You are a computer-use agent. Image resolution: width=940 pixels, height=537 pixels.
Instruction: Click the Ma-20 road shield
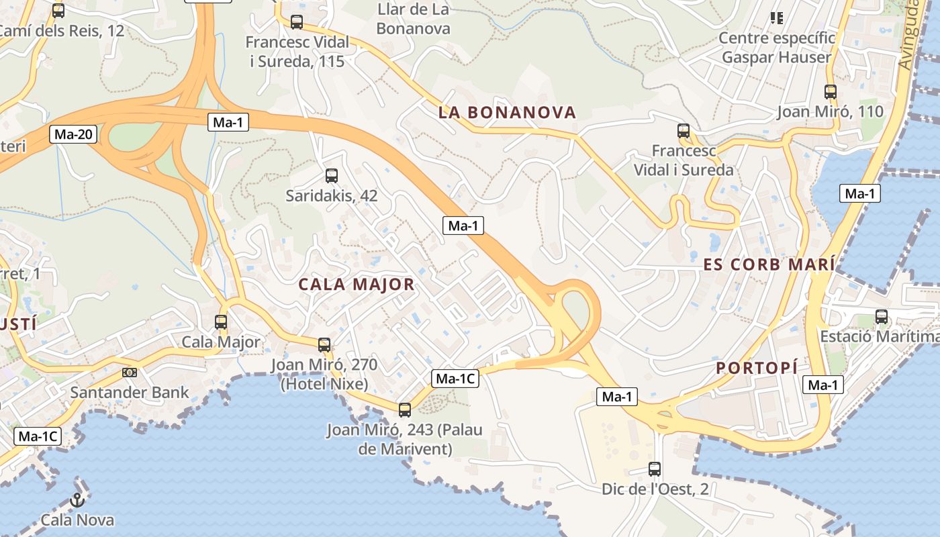[73, 134]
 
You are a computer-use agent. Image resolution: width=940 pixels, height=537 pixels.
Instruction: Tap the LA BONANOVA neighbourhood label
[508, 112]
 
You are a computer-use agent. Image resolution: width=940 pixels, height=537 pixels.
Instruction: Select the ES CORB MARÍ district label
[769, 264]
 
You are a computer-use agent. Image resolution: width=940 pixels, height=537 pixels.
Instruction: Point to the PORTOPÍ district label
[757, 367]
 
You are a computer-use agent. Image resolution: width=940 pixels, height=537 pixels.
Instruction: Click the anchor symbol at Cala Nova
[77, 500]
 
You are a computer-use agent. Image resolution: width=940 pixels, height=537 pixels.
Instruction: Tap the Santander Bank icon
[130, 373]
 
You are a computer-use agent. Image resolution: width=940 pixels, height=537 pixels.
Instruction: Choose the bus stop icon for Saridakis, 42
[331, 176]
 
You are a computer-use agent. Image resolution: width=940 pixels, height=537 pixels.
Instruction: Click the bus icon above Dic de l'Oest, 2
[655, 469]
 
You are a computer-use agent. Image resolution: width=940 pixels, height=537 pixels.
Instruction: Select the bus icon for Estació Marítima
[882, 317]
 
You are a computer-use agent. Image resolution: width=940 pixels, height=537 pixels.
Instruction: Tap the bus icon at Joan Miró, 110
[831, 92]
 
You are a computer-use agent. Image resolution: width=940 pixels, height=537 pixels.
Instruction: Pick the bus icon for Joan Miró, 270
[324, 345]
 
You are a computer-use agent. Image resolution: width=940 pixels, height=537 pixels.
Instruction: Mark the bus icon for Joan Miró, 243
[404, 409]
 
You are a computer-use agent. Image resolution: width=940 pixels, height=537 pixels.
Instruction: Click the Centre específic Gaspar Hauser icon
[777, 18]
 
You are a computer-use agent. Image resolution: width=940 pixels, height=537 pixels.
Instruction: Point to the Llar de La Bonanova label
[413, 19]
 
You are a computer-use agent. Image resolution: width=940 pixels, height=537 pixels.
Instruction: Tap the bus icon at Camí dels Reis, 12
[58, 11]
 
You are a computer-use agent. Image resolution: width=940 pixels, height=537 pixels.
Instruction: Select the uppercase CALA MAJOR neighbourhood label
[357, 284]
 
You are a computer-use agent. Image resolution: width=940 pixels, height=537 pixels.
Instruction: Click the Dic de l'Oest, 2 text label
[655, 489]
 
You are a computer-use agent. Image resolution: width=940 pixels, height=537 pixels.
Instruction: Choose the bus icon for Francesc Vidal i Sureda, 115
[297, 22]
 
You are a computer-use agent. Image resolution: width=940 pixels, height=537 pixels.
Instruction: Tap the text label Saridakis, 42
[331, 196]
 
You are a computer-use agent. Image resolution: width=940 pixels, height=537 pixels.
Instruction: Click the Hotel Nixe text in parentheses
[324, 384]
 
